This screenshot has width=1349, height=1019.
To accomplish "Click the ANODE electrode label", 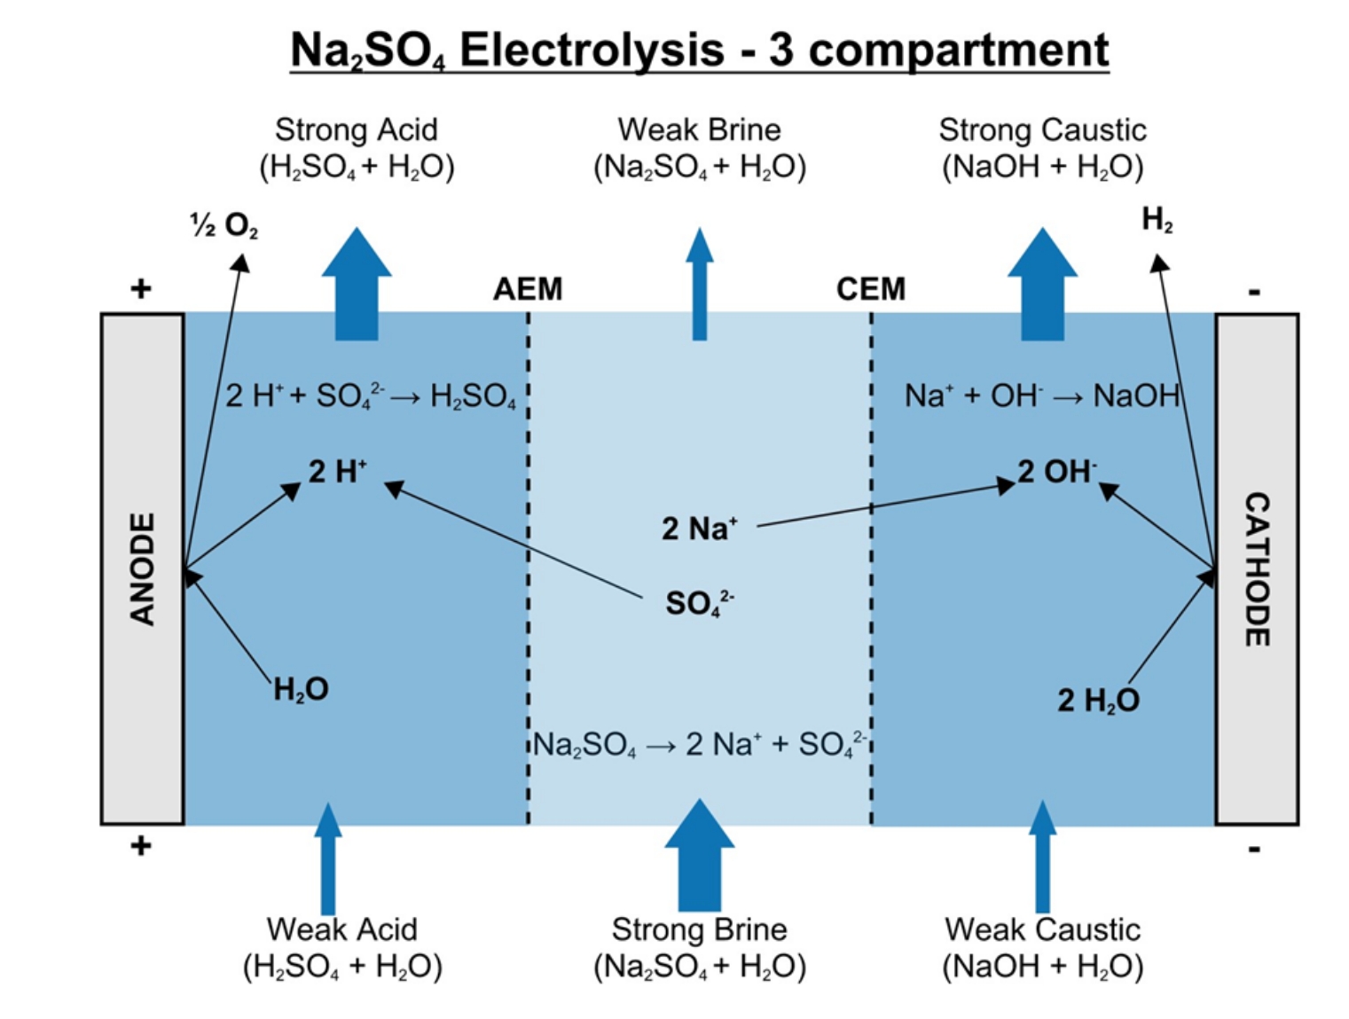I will [142, 569].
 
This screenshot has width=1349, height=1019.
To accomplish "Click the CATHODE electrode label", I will [1257, 569].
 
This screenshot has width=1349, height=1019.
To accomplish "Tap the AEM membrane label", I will [528, 289].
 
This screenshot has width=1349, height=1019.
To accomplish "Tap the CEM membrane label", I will [870, 289].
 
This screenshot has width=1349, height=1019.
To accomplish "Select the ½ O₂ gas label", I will [224, 225].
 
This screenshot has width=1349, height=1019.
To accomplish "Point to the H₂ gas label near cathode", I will [1157, 219].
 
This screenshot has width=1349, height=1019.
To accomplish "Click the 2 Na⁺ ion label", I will [699, 529].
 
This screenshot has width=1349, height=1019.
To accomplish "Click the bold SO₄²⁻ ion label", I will [699, 603].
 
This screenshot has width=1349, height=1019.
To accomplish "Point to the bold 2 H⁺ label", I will [337, 471].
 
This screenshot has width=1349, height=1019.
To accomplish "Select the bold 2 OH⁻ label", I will [1056, 471].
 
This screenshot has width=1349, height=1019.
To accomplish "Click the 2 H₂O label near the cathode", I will [1097, 701].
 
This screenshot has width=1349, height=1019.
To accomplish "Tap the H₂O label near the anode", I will [301, 689].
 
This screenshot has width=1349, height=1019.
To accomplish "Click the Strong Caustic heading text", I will [1042, 130].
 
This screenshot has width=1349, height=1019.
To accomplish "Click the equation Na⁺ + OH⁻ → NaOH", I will [1041, 396].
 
